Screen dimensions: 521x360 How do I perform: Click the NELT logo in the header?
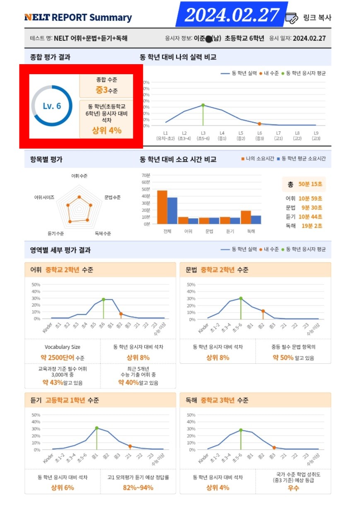pyautogui.click(x=37, y=17)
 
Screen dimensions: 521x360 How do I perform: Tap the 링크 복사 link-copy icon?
pyautogui.click(x=292, y=17)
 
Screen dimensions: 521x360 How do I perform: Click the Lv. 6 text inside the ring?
pyautogui.click(x=52, y=106)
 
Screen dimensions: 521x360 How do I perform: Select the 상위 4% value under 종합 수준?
pyautogui.click(x=106, y=130)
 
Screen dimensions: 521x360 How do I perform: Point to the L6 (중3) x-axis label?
pyautogui.click(x=259, y=135)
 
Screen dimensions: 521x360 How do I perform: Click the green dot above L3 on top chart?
pyautogui.click(x=203, y=105)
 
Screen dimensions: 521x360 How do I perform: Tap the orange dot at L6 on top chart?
pyautogui.click(x=259, y=124)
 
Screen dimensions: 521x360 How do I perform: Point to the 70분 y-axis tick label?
pyautogui.click(x=145, y=175)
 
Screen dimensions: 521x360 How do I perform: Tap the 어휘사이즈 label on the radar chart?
pyautogui.click(x=44, y=198)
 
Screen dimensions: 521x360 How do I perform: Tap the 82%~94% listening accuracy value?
pyautogui.click(x=138, y=487)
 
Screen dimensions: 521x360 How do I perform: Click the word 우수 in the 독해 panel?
pyautogui.click(x=293, y=488)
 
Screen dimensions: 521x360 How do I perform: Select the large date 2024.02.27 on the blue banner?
pyautogui.click(x=232, y=15)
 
